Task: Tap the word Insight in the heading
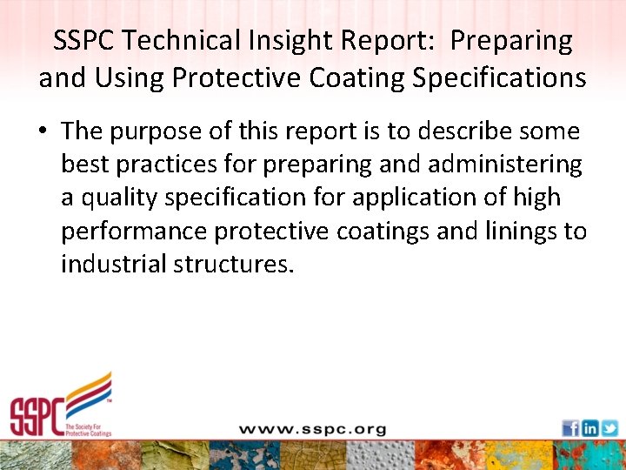pos(285,41)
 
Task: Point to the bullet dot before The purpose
pos(43,132)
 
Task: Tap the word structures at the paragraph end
pos(242,264)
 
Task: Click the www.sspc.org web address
pos(312,429)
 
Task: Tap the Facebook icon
pos(570,428)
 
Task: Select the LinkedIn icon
pos(590,428)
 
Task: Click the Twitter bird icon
pos(609,428)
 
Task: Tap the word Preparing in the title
pos(512,41)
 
